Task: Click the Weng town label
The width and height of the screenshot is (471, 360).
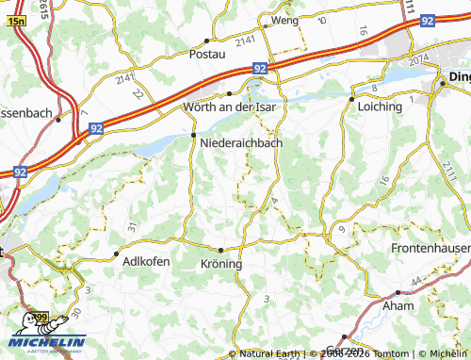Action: [x=284, y=20]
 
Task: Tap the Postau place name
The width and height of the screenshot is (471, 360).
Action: [x=208, y=55]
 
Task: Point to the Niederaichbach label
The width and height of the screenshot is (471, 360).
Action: [x=241, y=142]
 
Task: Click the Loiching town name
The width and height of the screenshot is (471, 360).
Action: [x=380, y=107]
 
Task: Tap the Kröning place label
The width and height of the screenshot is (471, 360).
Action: [x=222, y=264]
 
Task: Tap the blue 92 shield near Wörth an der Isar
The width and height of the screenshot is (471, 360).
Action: [x=260, y=69]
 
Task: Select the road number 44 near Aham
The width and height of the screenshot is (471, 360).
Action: [x=416, y=282]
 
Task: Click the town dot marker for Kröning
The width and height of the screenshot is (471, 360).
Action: [x=220, y=250]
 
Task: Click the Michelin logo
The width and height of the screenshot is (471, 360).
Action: [x=47, y=337]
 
